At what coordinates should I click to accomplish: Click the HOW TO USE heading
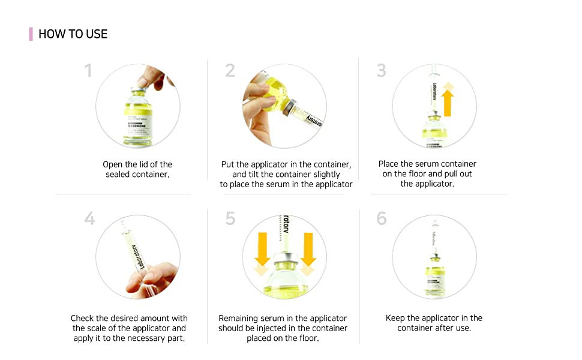(x=73, y=34)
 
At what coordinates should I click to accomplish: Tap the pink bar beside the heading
(x=31, y=34)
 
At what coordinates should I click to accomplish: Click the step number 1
(x=88, y=71)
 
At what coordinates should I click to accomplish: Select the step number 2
(x=230, y=71)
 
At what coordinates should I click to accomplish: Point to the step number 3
(x=382, y=71)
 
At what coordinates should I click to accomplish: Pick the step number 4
(x=89, y=218)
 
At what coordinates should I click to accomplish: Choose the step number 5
(x=230, y=218)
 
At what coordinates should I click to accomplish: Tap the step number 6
(x=382, y=218)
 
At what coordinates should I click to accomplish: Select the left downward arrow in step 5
(x=262, y=255)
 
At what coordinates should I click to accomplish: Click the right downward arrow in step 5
(x=308, y=255)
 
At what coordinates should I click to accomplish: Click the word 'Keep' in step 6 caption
(x=396, y=318)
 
